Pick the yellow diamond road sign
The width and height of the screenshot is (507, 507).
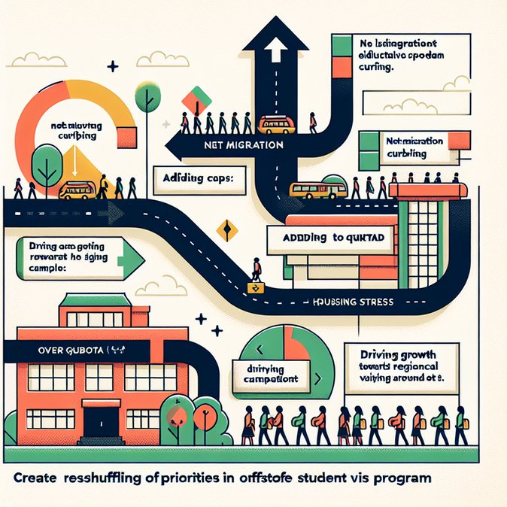[x=223, y=230]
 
